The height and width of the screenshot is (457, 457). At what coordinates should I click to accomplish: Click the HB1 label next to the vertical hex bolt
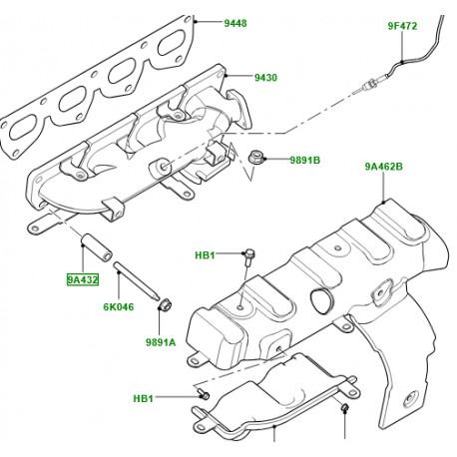tap(205, 256)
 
